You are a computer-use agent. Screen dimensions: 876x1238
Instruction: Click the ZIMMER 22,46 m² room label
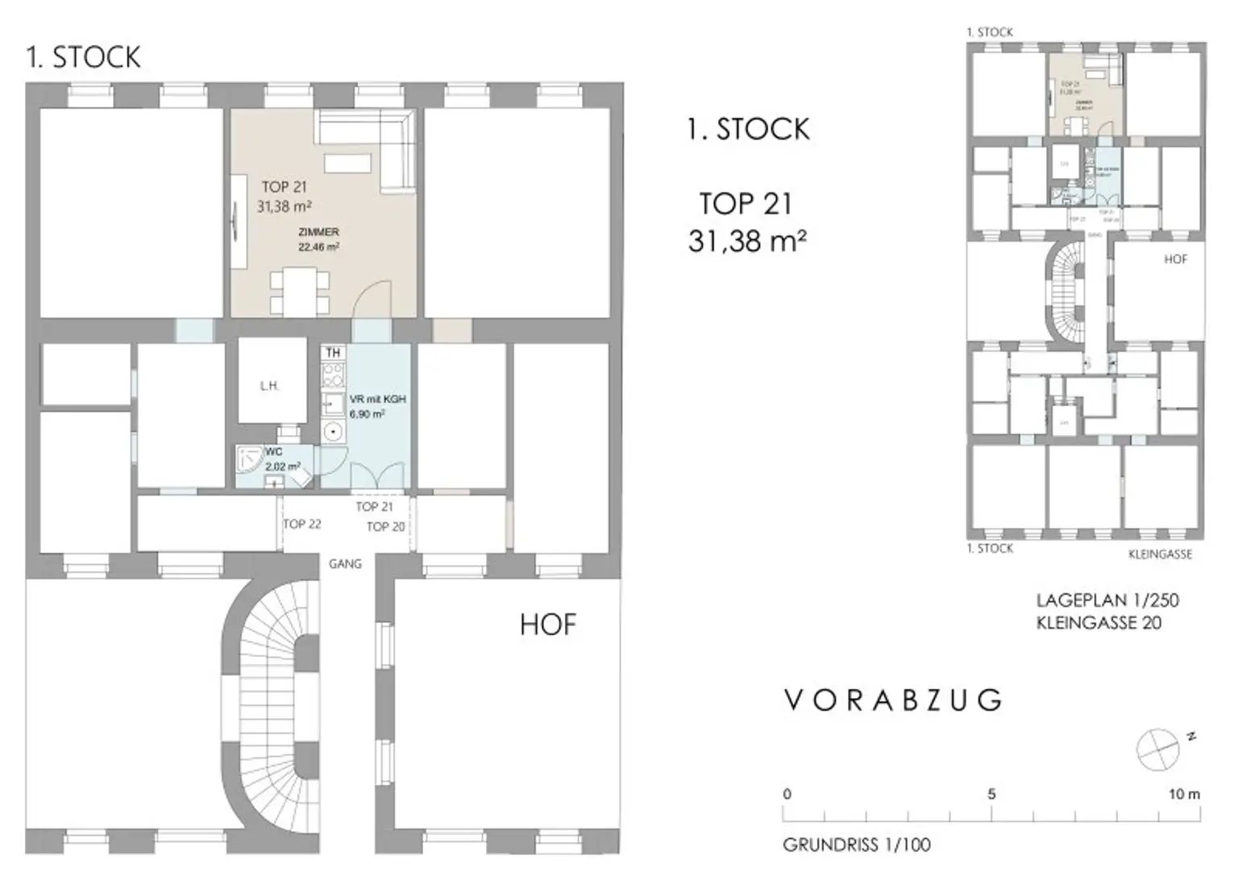(x=318, y=239)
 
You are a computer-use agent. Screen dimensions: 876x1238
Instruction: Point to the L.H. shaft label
(x=269, y=386)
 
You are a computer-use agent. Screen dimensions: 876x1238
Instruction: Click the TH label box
(x=333, y=353)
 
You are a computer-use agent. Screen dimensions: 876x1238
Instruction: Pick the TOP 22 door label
(x=302, y=524)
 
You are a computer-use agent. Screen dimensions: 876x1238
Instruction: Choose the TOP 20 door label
(x=385, y=526)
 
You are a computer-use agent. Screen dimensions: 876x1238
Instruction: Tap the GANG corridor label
(x=345, y=564)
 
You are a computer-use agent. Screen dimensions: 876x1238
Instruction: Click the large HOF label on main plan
(x=548, y=625)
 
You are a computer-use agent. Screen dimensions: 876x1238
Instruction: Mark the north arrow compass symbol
(x=1157, y=749)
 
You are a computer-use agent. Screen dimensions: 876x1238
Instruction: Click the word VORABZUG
(x=893, y=700)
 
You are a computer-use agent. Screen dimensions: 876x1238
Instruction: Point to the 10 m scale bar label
(x=1184, y=794)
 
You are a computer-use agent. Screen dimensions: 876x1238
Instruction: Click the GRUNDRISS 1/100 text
(x=856, y=845)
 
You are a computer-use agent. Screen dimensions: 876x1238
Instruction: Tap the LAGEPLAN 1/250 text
(x=1107, y=600)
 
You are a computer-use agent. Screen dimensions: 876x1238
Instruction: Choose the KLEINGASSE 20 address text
(x=1099, y=622)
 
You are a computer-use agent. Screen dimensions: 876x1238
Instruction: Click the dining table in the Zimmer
(x=300, y=293)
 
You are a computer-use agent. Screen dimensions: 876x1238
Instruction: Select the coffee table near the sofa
(x=347, y=163)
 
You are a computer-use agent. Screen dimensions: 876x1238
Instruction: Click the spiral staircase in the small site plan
(x=1069, y=290)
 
